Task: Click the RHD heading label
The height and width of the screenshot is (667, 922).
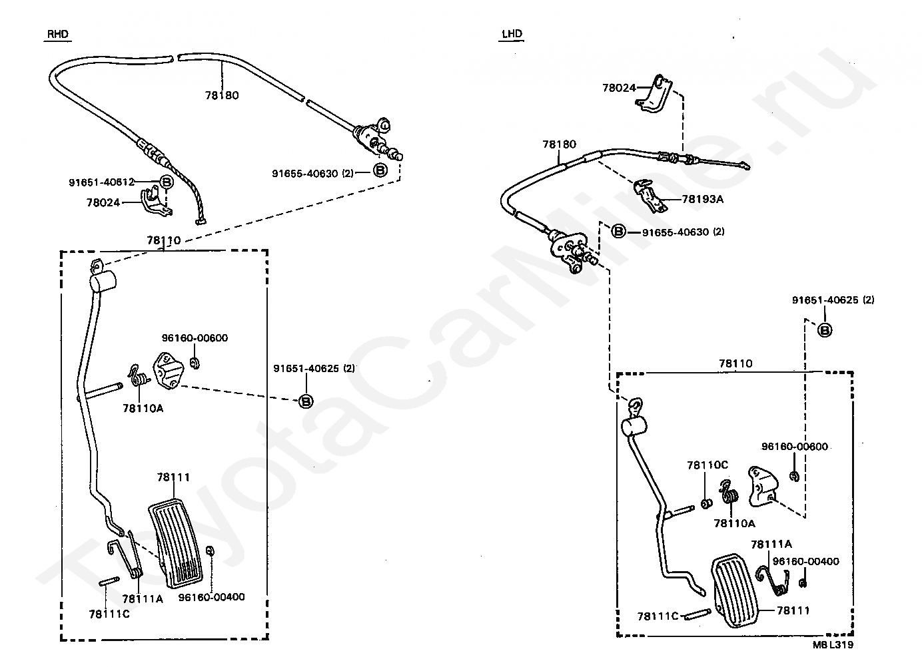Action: [x=58, y=35]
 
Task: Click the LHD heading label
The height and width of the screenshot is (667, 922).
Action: [x=512, y=34]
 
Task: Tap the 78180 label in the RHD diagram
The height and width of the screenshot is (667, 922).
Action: [x=222, y=95]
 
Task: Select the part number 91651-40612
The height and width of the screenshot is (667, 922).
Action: [x=101, y=182]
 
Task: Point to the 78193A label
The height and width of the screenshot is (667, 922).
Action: [x=702, y=198]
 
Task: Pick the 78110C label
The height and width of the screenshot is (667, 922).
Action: [x=707, y=465]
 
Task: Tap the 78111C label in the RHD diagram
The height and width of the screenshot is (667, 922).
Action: [x=109, y=614]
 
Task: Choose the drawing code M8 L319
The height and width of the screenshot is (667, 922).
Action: [x=832, y=644]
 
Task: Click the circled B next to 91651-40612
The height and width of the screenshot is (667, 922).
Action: [x=167, y=182]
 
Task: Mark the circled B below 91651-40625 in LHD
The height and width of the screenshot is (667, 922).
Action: [x=824, y=330]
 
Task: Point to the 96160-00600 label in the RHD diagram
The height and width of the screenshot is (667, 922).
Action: [x=195, y=337]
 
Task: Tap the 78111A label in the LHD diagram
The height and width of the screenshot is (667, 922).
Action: [x=771, y=545]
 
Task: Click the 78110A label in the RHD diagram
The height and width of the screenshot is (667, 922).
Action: [x=143, y=408]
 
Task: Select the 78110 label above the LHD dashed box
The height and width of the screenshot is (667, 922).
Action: [x=735, y=363]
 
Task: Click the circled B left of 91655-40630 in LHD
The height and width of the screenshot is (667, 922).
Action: [x=619, y=232]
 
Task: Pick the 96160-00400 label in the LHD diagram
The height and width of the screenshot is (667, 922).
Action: [x=805, y=561]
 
